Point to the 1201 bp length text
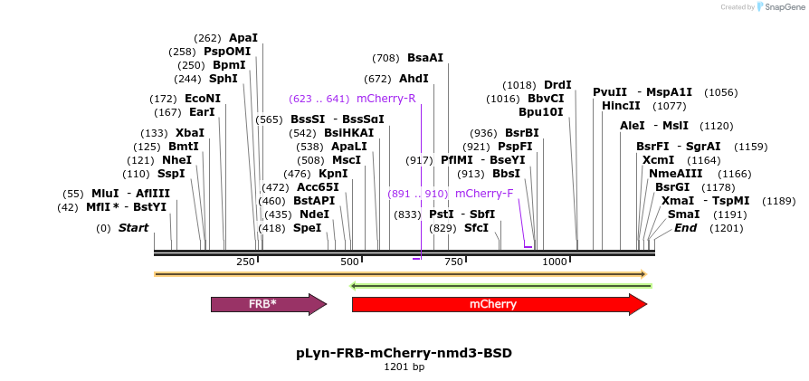(x=404, y=367)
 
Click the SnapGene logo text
(x=782, y=7)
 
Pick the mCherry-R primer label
(x=386, y=98)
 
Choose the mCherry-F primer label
(x=484, y=194)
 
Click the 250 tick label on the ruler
(x=245, y=262)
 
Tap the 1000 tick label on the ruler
(x=554, y=262)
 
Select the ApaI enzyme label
(x=243, y=38)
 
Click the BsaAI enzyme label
(x=425, y=58)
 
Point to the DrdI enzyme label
(x=557, y=85)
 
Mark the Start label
(x=133, y=228)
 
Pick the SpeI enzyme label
(x=307, y=228)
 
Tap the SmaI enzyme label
(x=683, y=214)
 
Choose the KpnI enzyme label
(x=333, y=174)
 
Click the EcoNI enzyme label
(x=203, y=99)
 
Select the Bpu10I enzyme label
(x=541, y=112)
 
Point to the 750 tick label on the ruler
(x=453, y=262)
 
